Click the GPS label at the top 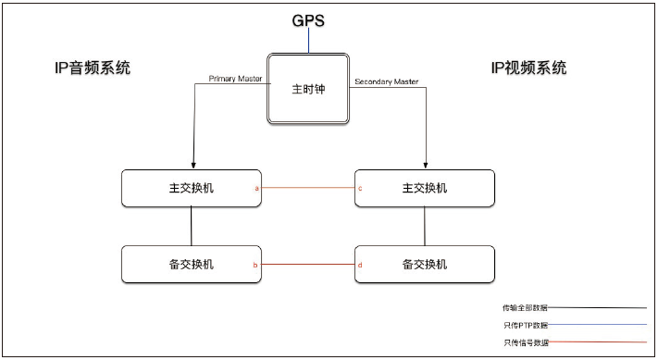click(308, 19)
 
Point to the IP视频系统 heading click(528, 68)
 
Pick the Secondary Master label click(387, 81)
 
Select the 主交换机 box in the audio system click(192, 188)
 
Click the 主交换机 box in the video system click(425, 188)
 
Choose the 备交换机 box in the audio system click(192, 264)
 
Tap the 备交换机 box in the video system click(425, 264)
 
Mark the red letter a click(256, 188)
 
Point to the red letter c click(359, 188)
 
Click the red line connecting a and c click(308, 188)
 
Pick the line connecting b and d click(308, 265)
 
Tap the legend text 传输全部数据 click(525, 306)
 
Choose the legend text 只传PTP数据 click(525, 325)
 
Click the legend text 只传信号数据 click(525, 342)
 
